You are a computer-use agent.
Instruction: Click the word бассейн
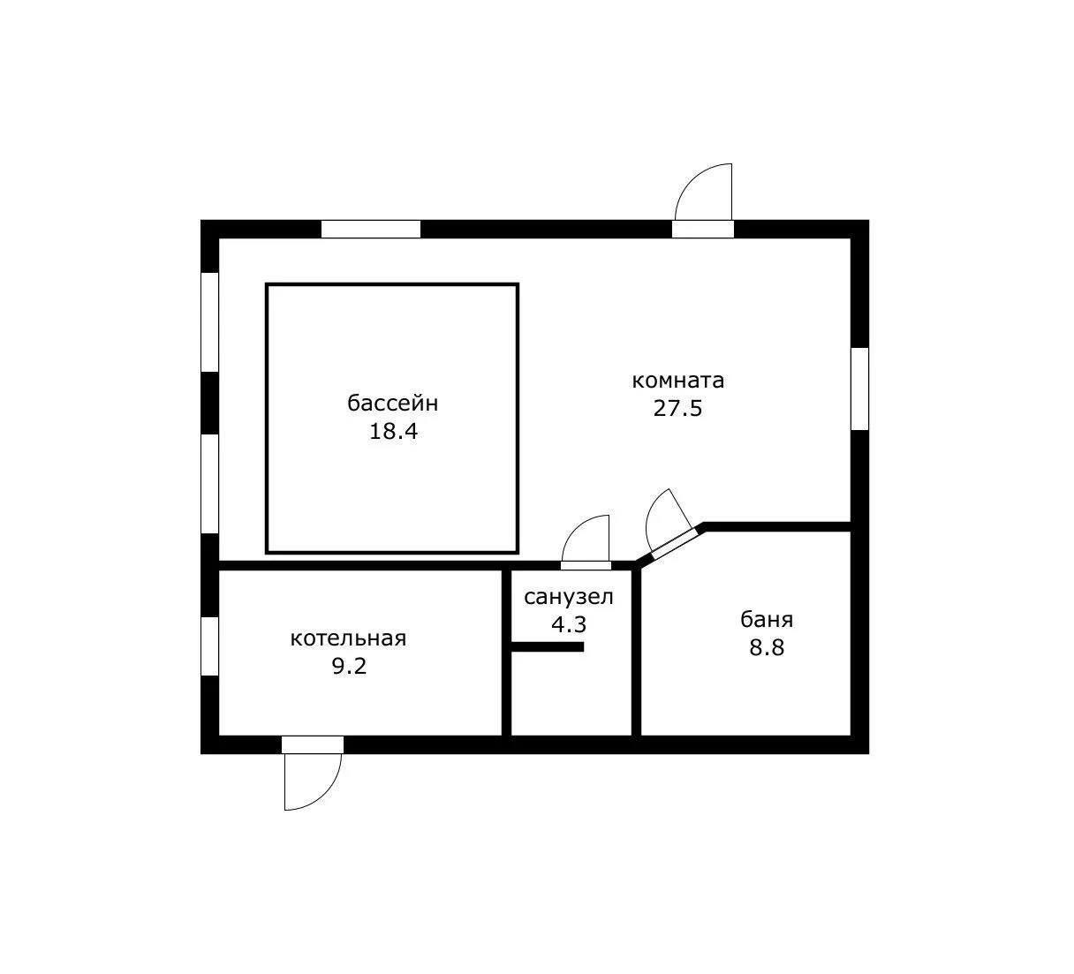point(392,404)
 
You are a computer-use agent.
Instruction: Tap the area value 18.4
point(394,431)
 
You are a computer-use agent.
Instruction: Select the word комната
point(677,381)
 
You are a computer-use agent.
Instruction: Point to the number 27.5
point(677,409)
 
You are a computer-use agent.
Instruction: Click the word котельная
point(348,638)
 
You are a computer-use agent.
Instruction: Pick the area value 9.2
point(349,667)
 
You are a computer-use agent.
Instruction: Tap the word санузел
point(569,597)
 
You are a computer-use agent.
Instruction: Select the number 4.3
point(569,624)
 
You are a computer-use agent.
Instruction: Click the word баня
point(767,620)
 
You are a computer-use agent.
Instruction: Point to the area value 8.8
point(767,647)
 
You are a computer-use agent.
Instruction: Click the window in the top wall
point(370,230)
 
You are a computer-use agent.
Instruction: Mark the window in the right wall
point(860,389)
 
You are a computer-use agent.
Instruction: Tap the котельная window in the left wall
point(210,646)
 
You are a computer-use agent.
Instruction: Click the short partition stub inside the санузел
point(548,647)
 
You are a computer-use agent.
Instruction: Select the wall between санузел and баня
point(637,653)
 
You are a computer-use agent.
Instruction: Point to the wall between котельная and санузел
point(506,653)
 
